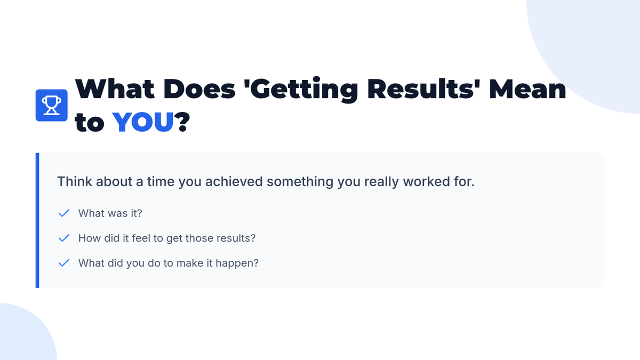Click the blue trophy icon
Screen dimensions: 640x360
[51, 105]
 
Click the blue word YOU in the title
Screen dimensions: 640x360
[143, 122]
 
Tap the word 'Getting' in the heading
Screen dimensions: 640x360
[301, 90]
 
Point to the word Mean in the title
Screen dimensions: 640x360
[527, 90]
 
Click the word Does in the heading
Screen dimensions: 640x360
[199, 89]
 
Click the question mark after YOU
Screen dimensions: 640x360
[182, 122]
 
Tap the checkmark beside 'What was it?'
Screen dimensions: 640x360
[63, 213]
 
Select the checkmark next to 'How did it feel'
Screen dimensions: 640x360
[63, 238]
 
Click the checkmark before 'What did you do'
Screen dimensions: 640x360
[63, 263]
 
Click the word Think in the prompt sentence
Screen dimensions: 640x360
[75, 181]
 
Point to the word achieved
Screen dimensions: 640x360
[234, 181]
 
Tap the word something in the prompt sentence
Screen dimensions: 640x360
[300, 182]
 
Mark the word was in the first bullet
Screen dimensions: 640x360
[110, 213]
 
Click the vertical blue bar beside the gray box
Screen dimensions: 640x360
[37, 220]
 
